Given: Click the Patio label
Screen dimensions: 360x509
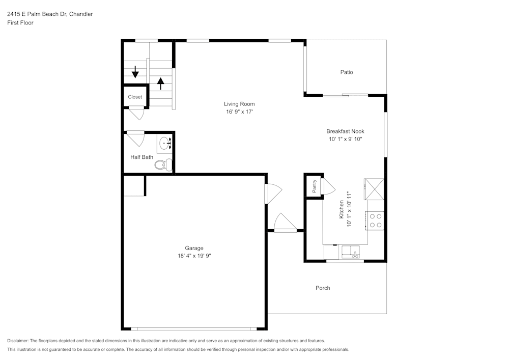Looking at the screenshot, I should (x=346, y=72).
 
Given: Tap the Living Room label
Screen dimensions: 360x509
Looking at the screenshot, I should (x=239, y=104).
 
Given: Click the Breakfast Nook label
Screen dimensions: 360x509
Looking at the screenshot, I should (x=345, y=131).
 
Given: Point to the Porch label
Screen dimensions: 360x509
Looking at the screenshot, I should (x=323, y=288).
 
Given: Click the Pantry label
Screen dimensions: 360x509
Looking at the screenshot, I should (x=315, y=186).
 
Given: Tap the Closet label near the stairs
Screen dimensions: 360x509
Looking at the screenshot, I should (x=135, y=97).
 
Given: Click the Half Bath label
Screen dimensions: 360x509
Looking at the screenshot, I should (x=142, y=157).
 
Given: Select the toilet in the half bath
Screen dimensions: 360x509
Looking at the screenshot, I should (x=163, y=164).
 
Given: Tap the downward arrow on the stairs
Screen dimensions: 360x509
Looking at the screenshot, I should (x=135, y=72).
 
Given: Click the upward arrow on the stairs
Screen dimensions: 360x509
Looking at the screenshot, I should (x=161, y=83).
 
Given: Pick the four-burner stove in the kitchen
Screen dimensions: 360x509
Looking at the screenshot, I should (x=376, y=220).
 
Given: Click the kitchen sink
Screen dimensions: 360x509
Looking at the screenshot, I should (x=351, y=252).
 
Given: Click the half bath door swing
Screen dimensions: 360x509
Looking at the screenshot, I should (x=135, y=138).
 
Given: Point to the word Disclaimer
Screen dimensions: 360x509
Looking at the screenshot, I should (x=18, y=341).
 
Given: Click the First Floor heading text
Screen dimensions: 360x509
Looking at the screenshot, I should (x=20, y=23).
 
